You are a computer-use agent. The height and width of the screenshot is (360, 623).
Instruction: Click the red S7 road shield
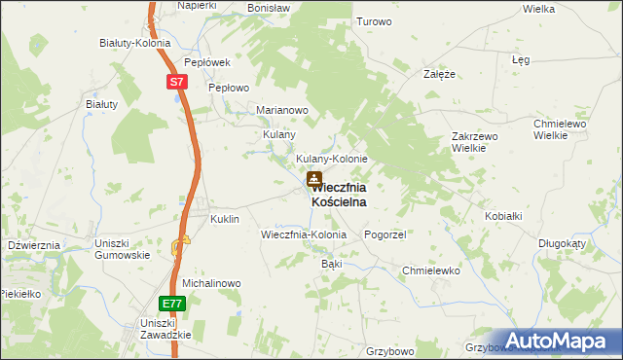(176, 83)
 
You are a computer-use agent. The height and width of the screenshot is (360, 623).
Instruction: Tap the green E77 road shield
(171, 304)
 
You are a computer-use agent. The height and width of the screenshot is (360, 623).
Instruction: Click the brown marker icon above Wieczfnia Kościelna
(314, 179)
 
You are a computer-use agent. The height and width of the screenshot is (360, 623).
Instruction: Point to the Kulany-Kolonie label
(331, 159)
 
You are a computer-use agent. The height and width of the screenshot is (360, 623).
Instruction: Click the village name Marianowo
(282, 110)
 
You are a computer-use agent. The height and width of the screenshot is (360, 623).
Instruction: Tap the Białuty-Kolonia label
(135, 44)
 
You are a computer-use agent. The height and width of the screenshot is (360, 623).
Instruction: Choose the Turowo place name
(374, 21)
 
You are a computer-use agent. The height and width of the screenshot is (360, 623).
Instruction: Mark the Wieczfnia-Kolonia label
(304, 235)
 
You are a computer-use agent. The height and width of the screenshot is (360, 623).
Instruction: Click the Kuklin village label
(225, 220)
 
